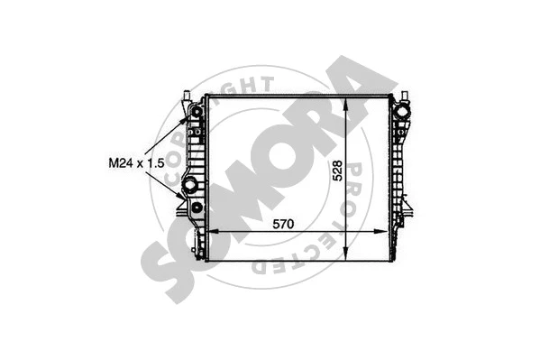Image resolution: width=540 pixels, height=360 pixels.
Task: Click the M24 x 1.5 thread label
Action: tap(136, 163)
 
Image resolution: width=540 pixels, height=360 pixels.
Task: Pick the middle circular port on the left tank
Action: tap(190, 186)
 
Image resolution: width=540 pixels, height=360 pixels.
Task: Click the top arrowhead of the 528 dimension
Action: tap(349, 99)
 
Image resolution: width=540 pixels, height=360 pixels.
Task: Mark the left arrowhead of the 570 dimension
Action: tap(213, 233)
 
